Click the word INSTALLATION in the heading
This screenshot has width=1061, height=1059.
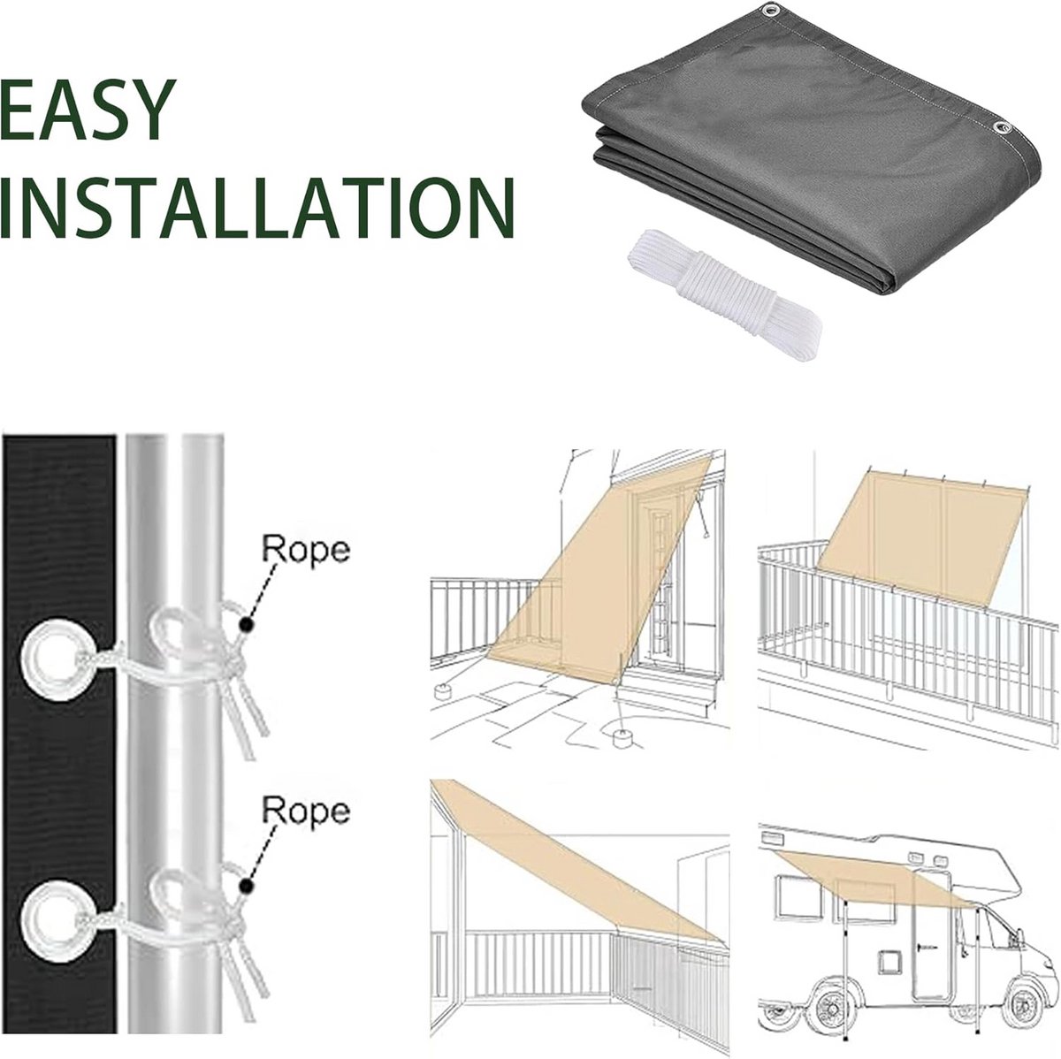point(257,207)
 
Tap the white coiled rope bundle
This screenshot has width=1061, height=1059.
point(725,294)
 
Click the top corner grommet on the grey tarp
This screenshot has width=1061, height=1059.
point(767,11)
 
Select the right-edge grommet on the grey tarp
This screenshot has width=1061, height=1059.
point(1004,128)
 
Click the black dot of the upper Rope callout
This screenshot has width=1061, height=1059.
point(247,625)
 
